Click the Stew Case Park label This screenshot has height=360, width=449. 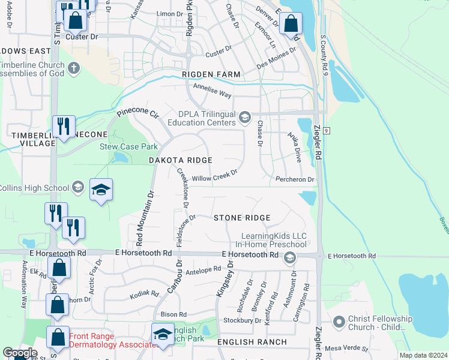click(128, 146)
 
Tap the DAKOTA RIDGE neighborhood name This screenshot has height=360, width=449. click(181, 160)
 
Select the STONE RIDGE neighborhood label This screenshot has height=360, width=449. click(242, 218)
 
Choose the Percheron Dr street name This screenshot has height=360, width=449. click(295, 179)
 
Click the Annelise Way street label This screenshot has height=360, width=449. click(212, 91)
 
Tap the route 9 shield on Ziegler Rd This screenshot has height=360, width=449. click(325, 130)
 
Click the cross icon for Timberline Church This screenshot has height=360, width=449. click(74, 68)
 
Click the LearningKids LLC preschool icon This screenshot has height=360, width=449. click(290, 258)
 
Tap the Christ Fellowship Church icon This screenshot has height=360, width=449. click(339, 323)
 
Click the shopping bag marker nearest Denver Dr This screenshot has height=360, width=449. click(291, 25)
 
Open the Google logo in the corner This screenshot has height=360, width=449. click(19, 353)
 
